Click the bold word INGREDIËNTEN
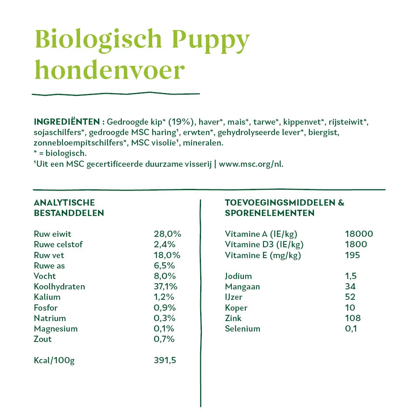(66, 122)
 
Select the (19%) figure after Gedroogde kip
(181, 122)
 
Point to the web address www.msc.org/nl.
(251, 164)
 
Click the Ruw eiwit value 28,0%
(167, 234)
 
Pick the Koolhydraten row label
(59, 286)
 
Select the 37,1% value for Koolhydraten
(166, 286)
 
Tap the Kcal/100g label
(54, 360)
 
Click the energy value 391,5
(165, 360)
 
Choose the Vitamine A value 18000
(359, 234)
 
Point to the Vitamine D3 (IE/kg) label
(264, 244)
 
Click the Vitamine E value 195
(352, 255)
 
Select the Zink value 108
(353, 318)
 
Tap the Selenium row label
(242, 329)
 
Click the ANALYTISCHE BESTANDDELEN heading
(69, 208)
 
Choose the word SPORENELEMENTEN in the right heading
(269, 213)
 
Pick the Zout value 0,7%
(164, 339)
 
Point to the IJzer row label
(234, 297)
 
